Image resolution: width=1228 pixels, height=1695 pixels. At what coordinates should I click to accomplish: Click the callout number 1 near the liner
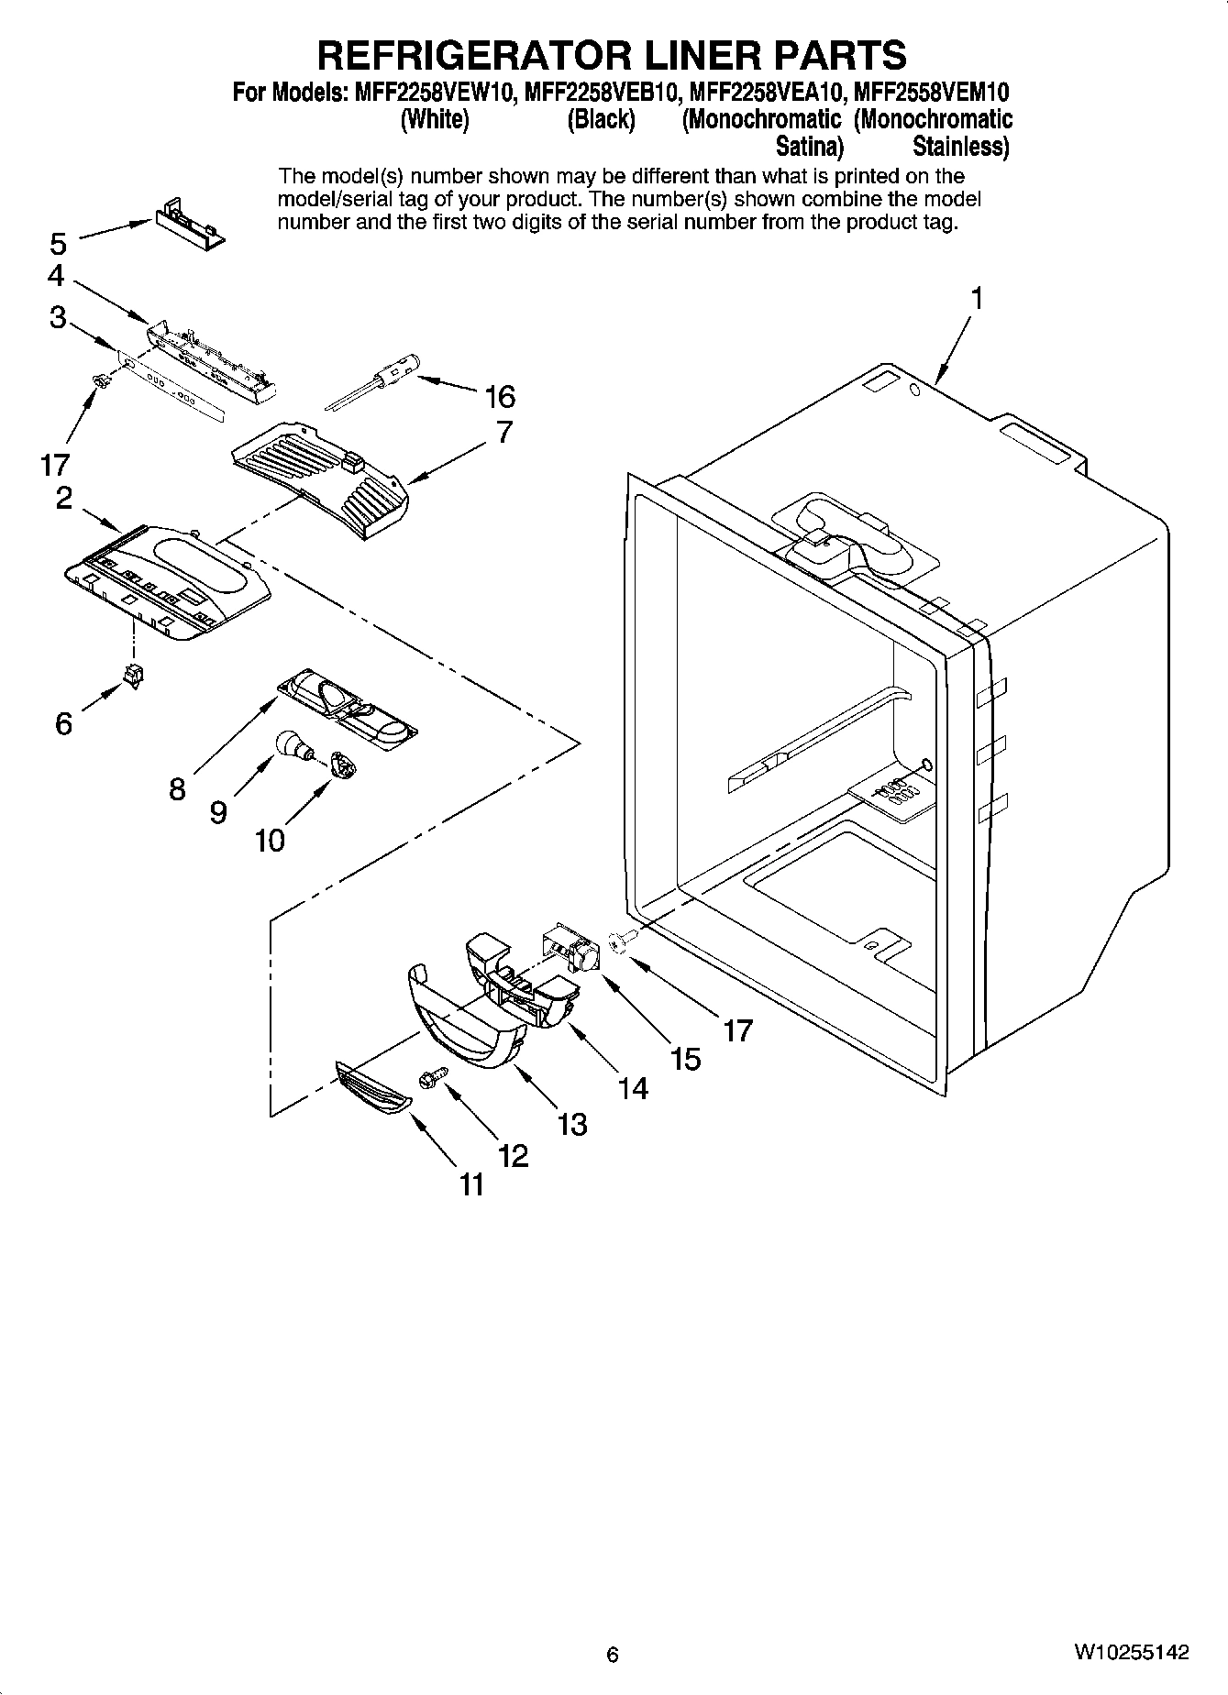pyautogui.click(x=978, y=299)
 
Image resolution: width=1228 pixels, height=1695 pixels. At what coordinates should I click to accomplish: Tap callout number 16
pyautogui.click(x=500, y=397)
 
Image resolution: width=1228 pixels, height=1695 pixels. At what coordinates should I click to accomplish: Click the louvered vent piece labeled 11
pyautogui.click(x=373, y=1088)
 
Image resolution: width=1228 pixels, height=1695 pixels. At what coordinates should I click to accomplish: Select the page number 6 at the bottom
pyautogui.click(x=613, y=1655)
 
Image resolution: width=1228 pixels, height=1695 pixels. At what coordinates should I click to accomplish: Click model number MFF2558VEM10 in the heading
pyautogui.click(x=933, y=93)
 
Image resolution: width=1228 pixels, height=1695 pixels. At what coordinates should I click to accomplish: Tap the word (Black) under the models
pyautogui.click(x=601, y=120)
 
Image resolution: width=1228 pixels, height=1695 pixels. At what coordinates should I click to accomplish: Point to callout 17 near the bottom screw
pyautogui.click(x=738, y=1030)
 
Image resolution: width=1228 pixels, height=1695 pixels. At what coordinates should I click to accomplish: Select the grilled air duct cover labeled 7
pyautogui.click(x=321, y=477)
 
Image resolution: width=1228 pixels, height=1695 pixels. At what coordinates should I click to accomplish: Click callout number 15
pyautogui.click(x=685, y=1059)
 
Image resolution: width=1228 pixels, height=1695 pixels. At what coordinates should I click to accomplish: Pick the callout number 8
pyautogui.click(x=177, y=788)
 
